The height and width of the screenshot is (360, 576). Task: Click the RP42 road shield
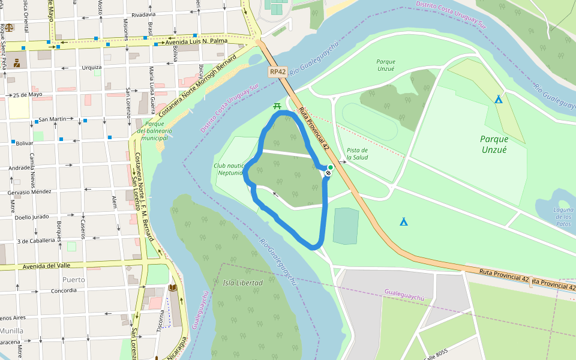pyautogui.click(x=277, y=71)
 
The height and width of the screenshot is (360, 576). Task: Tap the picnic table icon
pyautogui.click(x=277, y=106)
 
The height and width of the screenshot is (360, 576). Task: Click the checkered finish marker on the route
pyautogui.click(x=328, y=173)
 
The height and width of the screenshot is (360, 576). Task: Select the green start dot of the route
pyautogui.click(x=331, y=167)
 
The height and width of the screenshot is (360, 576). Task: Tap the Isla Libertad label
pyautogui.click(x=242, y=283)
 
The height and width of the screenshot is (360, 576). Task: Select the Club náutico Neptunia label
pyautogui.click(x=230, y=169)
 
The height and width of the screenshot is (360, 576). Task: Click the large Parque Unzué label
pyautogui.click(x=493, y=144)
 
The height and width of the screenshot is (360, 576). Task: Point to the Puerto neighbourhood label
pyautogui.click(x=73, y=280)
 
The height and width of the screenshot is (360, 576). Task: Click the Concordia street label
pyautogui.click(x=64, y=290)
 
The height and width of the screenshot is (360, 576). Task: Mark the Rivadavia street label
pyautogui.click(x=143, y=14)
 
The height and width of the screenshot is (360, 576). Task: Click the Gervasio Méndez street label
pyautogui.click(x=29, y=192)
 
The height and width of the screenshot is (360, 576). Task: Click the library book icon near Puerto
pyautogui.click(x=173, y=288)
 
